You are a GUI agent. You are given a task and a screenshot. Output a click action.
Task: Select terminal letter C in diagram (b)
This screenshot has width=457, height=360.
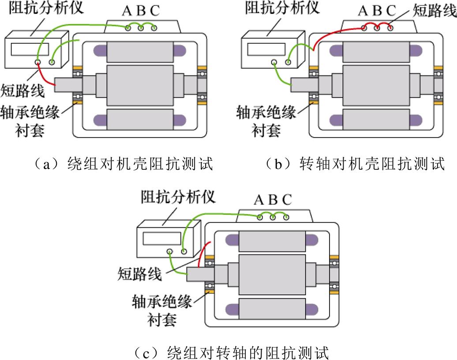391,11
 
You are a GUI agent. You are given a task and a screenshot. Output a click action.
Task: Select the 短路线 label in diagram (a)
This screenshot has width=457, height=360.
22,91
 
